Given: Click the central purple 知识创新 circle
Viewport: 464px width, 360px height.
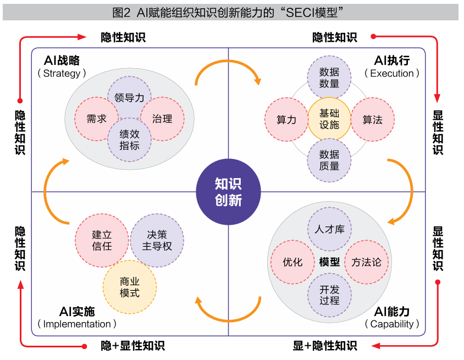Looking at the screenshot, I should tap(228, 192).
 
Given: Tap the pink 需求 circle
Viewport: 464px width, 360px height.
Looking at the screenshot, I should tap(97, 119).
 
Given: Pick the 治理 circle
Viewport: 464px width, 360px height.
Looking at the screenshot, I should tap(162, 119).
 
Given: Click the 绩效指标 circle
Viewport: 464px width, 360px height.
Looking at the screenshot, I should tap(130, 140).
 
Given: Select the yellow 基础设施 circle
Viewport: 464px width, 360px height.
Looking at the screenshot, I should tap(329, 119).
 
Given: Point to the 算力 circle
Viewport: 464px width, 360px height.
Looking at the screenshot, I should tap(286, 119).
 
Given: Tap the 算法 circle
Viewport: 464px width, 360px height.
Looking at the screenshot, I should tap(373, 119).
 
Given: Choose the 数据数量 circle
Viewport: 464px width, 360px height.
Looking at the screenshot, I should tap(329, 77).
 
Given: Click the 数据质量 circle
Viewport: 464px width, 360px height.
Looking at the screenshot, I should tap(329, 160).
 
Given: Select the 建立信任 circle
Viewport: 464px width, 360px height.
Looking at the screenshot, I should tap(102, 240).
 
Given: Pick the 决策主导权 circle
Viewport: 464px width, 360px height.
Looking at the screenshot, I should tap(157, 240).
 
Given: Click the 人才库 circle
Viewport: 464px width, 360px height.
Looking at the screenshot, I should tap(329, 229).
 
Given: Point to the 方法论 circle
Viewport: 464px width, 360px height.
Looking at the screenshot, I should tap(366, 262).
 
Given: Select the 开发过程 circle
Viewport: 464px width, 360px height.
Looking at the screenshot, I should tap(329, 295).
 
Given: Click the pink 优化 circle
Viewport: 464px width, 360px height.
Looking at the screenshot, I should tap(292, 262).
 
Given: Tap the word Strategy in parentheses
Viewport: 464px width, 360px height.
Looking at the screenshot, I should tap(62, 73).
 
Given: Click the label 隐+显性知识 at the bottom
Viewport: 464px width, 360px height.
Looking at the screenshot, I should tap(132, 346).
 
